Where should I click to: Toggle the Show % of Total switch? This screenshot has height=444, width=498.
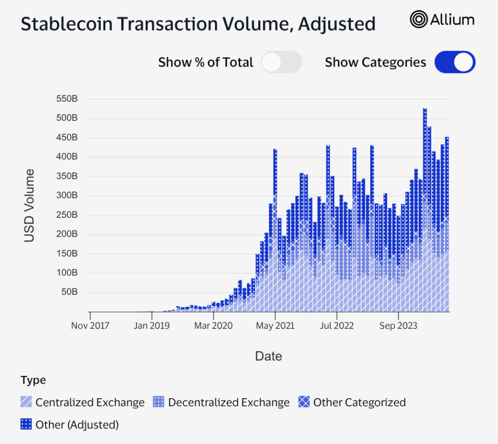point(281,62)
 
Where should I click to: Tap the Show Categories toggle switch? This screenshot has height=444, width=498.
point(454,62)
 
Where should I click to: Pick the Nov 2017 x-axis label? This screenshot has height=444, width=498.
point(90,325)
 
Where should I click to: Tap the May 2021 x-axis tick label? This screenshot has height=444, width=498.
point(275,325)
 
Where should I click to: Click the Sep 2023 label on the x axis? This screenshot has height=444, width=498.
point(398,325)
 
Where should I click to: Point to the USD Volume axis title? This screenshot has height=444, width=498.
point(30,205)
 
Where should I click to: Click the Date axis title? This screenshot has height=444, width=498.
point(268,356)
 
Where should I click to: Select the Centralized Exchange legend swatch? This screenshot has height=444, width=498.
point(27,402)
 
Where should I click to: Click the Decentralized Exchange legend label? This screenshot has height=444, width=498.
point(229,402)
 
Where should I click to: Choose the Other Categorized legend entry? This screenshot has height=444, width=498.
point(359,402)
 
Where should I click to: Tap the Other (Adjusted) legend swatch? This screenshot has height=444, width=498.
point(27,424)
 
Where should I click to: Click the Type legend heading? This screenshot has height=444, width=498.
point(34,380)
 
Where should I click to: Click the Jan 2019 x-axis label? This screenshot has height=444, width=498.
point(152,325)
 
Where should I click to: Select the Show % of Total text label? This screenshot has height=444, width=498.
point(206,62)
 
